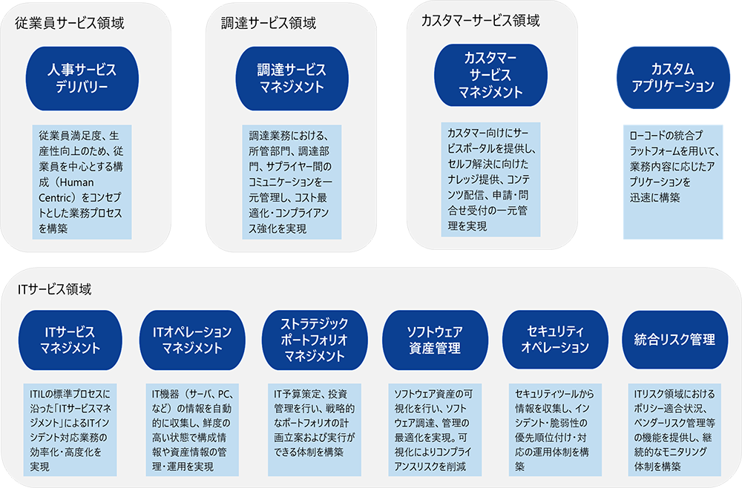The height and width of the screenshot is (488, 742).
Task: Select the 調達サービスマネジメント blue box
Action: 280,78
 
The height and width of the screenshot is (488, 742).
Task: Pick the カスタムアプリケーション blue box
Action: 672,78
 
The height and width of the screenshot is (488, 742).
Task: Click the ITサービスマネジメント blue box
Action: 68,340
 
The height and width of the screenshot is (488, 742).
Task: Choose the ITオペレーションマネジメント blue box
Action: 186,340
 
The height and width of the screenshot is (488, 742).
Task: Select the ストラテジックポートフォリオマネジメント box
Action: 304,340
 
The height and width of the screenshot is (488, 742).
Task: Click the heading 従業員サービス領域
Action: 69,23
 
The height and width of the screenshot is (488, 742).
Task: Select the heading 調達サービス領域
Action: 269,23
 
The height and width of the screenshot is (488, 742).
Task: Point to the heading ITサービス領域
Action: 56,286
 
